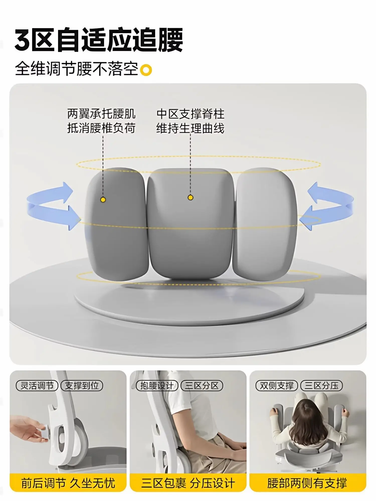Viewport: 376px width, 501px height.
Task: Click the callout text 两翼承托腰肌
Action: pos(101,114)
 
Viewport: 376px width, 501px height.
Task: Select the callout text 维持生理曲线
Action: pos(190,128)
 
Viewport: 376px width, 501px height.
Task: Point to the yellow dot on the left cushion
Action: pos(103,200)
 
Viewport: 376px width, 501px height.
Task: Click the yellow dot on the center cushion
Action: pos(190,198)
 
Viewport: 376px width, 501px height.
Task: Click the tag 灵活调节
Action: pos(37,386)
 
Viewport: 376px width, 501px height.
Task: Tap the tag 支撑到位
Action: pos(82,386)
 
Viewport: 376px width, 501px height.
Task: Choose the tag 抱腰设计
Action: pos(157,386)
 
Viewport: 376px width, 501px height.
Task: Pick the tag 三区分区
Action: pos(202,386)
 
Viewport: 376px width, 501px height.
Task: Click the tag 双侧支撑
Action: pos(276,386)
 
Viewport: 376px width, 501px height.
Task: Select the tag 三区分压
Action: pos(321,386)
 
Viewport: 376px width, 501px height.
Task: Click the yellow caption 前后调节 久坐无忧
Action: pos(68,483)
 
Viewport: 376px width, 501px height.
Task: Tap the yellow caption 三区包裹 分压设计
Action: pos(188,483)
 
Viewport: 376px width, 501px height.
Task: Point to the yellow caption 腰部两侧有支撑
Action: pos(307,483)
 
